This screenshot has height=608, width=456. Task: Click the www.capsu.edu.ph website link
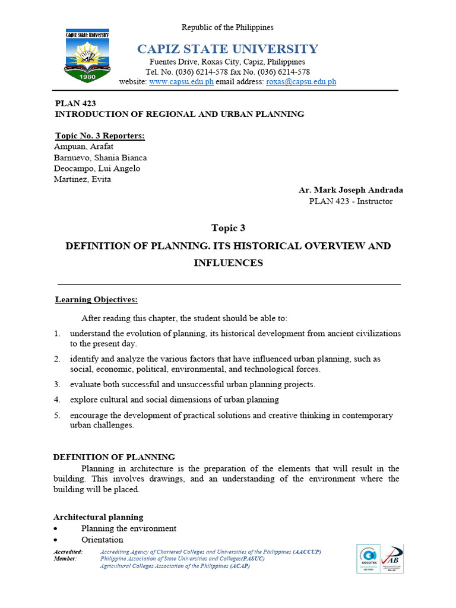(181, 82)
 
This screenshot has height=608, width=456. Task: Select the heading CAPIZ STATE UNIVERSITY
(227, 49)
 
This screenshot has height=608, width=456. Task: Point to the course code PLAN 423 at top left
(75, 103)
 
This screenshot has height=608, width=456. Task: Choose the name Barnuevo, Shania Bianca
(100, 158)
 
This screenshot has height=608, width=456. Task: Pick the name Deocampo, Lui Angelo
(97, 169)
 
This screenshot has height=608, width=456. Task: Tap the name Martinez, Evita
(83, 179)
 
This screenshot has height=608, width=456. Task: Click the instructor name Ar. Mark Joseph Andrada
(350, 191)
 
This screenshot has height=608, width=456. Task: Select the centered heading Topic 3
(228, 228)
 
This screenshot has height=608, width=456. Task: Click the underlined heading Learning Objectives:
(96, 300)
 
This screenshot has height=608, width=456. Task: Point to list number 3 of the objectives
(57, 384)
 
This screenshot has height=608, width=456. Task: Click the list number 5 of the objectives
(57, 416)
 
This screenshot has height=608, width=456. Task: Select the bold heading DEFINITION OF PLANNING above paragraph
(114, 457)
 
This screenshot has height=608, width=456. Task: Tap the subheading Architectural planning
(98, 517)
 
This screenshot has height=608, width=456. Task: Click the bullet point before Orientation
(56, 540)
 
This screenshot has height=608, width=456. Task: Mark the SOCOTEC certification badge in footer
(368, 559)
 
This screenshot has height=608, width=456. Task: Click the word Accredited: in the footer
(68, 552)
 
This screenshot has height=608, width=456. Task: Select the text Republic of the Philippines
(227, 27)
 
